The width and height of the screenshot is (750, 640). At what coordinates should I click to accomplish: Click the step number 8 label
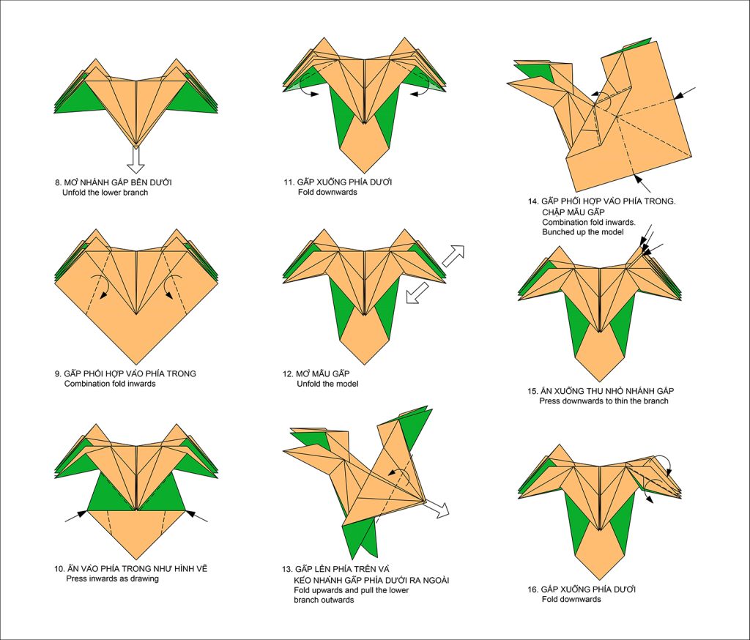58,182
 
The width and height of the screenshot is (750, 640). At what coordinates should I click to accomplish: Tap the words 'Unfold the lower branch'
105,193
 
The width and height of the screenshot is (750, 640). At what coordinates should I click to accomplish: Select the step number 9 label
58,373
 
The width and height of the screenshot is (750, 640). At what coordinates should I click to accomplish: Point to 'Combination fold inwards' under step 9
110,384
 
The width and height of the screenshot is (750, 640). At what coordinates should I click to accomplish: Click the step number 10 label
59,568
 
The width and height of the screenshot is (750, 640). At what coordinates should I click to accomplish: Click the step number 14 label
532,201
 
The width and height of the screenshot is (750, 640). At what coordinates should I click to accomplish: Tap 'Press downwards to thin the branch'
604,401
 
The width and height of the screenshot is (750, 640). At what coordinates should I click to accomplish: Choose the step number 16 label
532,589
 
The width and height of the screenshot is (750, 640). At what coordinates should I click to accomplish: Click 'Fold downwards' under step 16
571,599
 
